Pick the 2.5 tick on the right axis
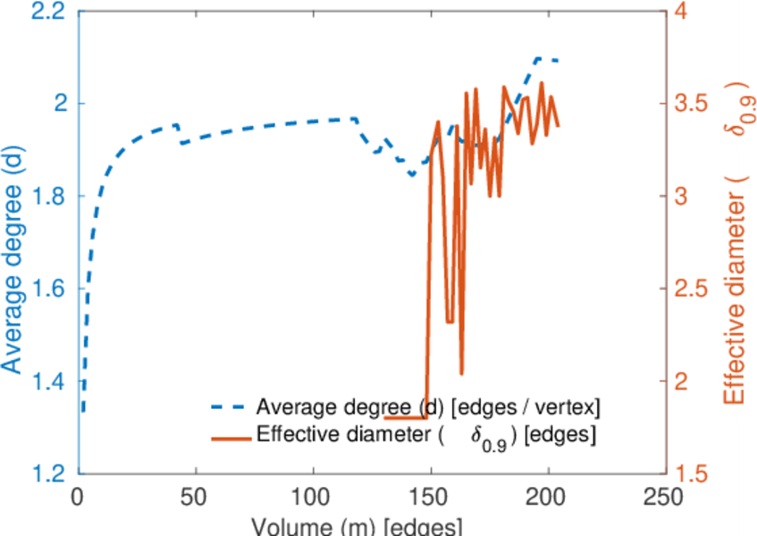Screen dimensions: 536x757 (694, 289)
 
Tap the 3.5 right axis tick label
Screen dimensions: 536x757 (694, 104)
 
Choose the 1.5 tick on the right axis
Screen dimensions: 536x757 (694, 473)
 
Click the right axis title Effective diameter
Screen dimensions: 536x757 (736, 241)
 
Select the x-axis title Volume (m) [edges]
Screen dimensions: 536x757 (357, 525)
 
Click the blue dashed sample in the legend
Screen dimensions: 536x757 (229, 407)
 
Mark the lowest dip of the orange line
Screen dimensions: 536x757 (461, 374)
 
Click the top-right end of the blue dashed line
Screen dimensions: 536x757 (558, 60)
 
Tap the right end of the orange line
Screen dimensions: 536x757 (559, 126)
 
